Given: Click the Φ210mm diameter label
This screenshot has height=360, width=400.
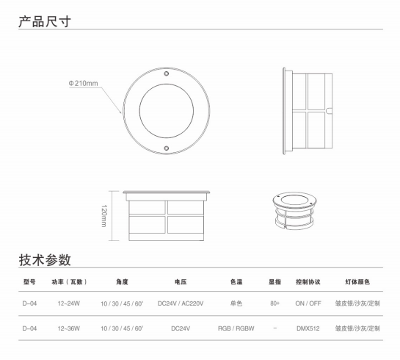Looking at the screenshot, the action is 83,83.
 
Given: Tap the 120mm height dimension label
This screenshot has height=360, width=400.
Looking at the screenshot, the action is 104,216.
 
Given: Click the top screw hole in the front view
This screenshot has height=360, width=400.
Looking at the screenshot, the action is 167,73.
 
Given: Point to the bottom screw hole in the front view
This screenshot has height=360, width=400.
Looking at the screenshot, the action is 167,148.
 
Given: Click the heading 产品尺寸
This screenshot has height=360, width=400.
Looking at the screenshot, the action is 45,21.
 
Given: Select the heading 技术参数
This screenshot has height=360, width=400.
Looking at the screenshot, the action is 45,260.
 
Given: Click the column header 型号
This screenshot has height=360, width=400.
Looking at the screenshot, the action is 29,282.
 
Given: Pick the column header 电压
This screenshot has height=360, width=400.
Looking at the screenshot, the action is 181,282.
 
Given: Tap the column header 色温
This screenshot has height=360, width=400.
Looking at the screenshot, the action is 236,282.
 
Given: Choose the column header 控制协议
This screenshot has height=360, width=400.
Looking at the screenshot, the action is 308,282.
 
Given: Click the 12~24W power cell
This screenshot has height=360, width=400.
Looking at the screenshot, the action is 68,303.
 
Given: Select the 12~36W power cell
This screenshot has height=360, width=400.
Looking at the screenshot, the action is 68,328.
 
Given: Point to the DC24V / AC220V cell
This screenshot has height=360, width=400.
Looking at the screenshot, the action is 181,303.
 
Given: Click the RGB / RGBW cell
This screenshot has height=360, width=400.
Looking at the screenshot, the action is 236,328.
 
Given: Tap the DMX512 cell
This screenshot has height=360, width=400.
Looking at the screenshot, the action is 308,328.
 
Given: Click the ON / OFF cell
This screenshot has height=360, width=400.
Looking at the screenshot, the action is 308,303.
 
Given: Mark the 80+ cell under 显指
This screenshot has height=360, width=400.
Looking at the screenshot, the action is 275,303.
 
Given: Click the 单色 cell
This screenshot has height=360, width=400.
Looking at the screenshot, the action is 236,303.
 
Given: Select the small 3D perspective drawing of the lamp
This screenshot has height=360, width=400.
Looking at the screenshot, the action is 294,211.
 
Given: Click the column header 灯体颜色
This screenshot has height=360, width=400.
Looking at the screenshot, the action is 357,282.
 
